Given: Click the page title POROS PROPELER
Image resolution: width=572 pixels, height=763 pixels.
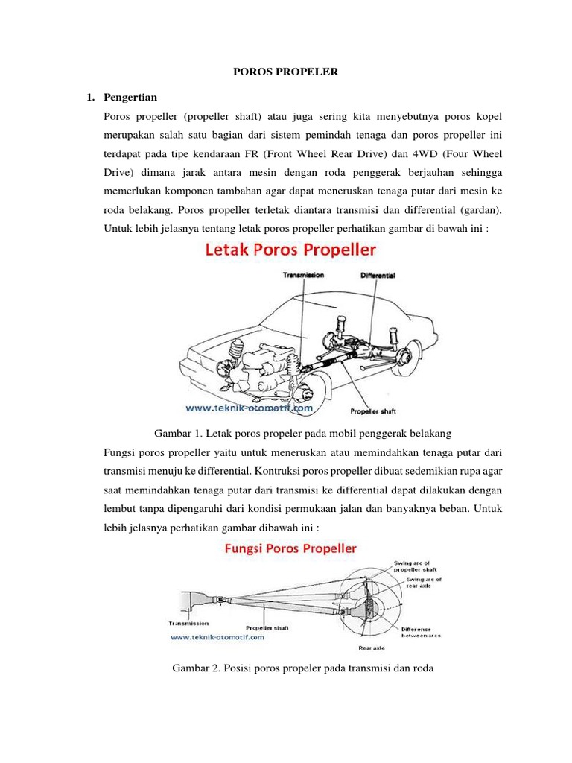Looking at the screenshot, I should (x=286, y=72).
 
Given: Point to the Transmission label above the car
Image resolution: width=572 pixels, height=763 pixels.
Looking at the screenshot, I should (x=303, y=275).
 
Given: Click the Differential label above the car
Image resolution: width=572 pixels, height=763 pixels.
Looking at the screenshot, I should (x=378, y=275).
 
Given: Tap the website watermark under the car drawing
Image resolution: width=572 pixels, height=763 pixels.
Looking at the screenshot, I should (x=250, y=408).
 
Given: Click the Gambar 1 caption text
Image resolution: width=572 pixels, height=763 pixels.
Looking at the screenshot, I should (x=302, y=433).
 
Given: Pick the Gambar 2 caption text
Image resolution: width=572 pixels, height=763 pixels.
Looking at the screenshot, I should (x=302, y=668).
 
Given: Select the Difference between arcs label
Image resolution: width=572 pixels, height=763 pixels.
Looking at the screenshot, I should (x=422, y=632).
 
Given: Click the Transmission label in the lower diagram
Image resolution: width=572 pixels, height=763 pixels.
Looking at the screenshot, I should (x=188, y=623).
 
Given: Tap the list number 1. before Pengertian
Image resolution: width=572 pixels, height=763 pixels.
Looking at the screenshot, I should (x=91, y=98).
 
